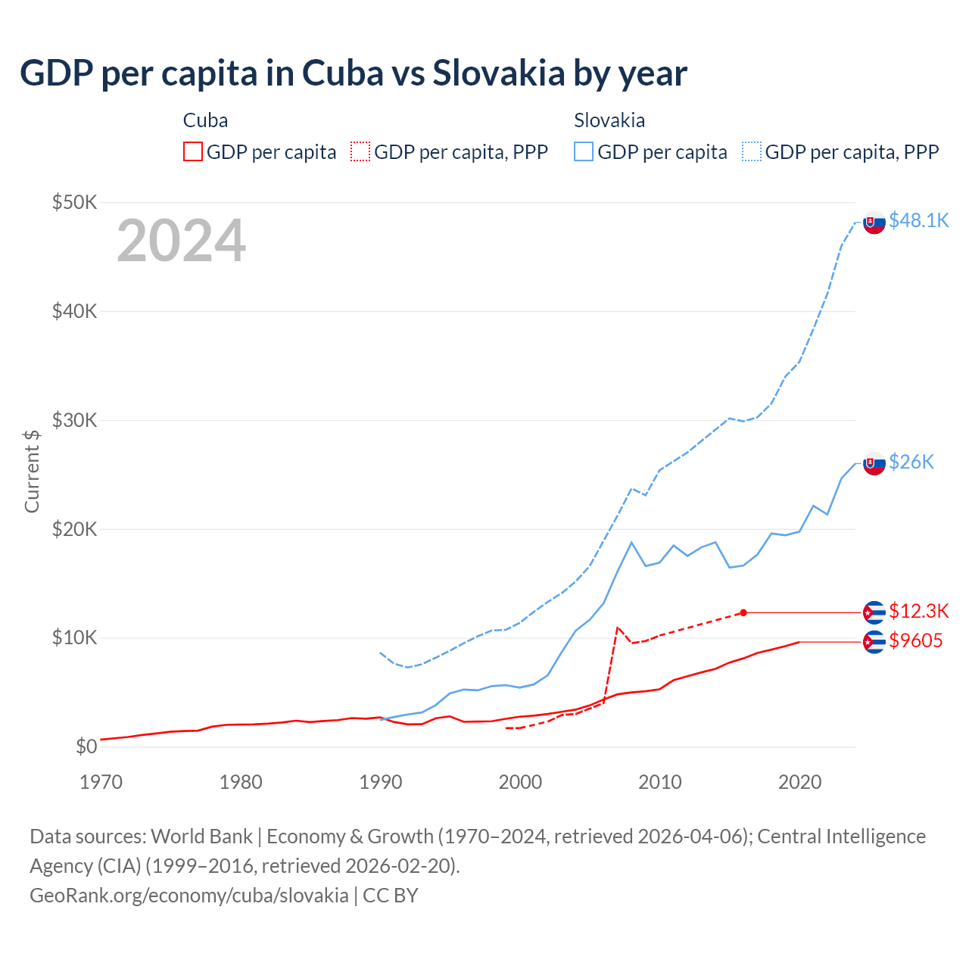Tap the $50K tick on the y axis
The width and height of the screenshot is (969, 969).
(x=74, y=202)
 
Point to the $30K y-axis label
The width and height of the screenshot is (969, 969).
(x=74, y=420)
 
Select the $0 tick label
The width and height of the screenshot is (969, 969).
(x=86, y=747)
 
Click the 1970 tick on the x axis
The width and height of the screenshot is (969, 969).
(x=101, y=781)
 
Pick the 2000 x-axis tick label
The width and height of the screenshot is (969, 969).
(x=520, y=781)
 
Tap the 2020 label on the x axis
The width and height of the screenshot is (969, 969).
(x=799, y=781)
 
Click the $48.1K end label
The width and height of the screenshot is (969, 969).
(x=918, y=220)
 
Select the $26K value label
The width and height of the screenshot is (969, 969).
(x=911, y=462)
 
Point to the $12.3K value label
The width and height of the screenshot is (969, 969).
(x=918, y=611)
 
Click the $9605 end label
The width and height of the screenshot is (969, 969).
(x=916, y=641)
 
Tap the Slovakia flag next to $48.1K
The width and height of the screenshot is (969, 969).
(x=874, y=223)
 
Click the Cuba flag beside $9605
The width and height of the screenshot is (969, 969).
(x=874, y=642)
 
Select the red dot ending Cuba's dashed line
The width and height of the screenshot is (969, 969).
(x=743, y=612)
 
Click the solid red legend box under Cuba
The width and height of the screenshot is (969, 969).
(x=193, y=152)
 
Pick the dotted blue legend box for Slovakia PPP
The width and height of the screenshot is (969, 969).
(x=752, y=152)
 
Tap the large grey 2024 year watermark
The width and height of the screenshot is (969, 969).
(x=181, y=241)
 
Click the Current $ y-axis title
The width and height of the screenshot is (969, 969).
(x=32, y=471)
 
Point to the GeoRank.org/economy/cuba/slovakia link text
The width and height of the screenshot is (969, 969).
(x=189, y=896)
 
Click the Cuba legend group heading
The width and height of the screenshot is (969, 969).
(x=205, y=120)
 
